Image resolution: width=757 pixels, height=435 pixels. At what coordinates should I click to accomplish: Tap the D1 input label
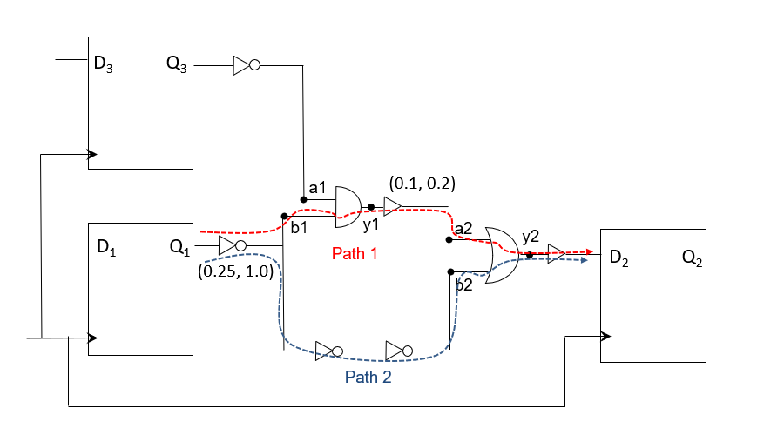[105, 249]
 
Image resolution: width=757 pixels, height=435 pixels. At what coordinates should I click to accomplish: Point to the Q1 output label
[180, 249]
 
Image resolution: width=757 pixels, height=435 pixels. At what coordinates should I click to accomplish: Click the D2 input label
[618, 258]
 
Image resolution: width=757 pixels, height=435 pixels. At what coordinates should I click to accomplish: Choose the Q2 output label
[694, 258]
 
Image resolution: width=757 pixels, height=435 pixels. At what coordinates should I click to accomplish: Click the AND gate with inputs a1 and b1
[348, 206]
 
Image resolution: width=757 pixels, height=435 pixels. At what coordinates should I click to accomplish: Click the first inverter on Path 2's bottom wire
[328, 351]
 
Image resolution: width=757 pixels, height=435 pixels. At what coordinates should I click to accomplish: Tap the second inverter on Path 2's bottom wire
[399, 351]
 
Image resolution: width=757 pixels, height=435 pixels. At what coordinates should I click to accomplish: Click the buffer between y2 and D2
[556, 255]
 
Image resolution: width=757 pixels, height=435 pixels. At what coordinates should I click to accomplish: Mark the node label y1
[370, 224]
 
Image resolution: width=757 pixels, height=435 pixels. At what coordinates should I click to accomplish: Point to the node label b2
[463, 284]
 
